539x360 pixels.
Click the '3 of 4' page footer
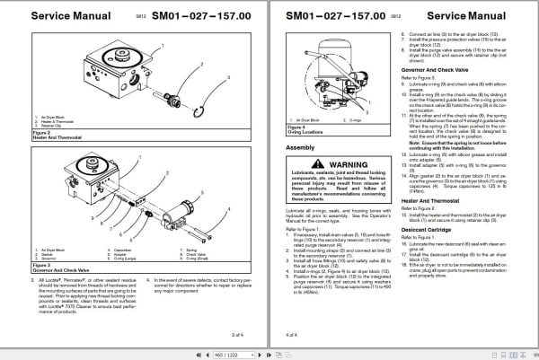237,334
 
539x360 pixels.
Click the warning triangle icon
296,165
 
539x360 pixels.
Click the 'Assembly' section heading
300,146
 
